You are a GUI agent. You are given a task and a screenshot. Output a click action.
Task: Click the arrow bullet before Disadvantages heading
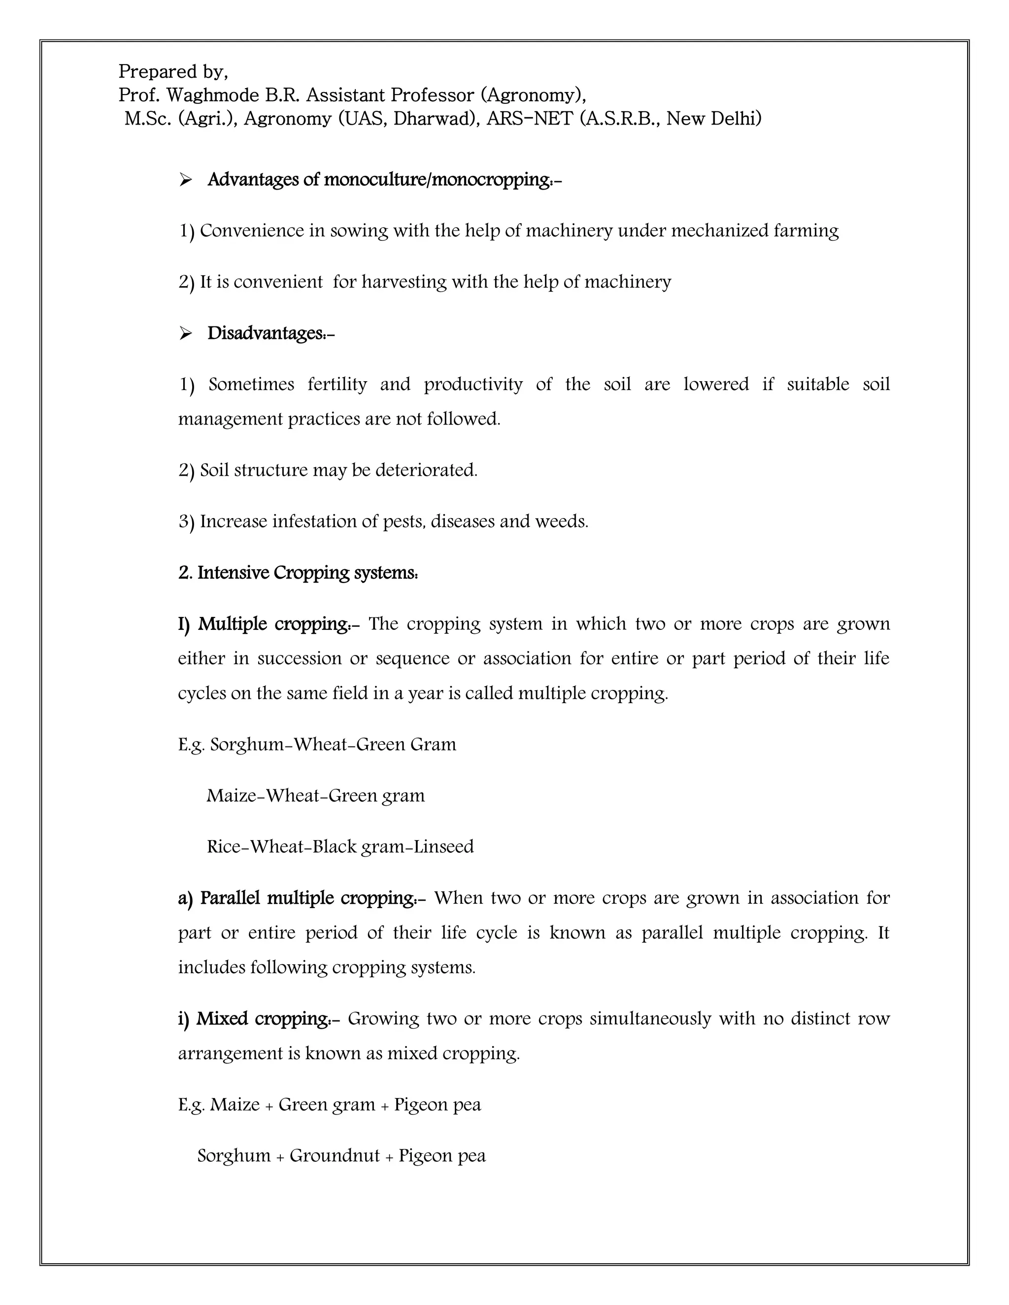click(185, 333)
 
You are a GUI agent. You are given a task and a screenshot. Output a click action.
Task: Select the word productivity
click(473, 384)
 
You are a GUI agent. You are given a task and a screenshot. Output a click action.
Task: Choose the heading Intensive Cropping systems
click(298, 573)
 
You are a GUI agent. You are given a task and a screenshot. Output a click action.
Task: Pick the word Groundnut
click(335, 1156)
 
